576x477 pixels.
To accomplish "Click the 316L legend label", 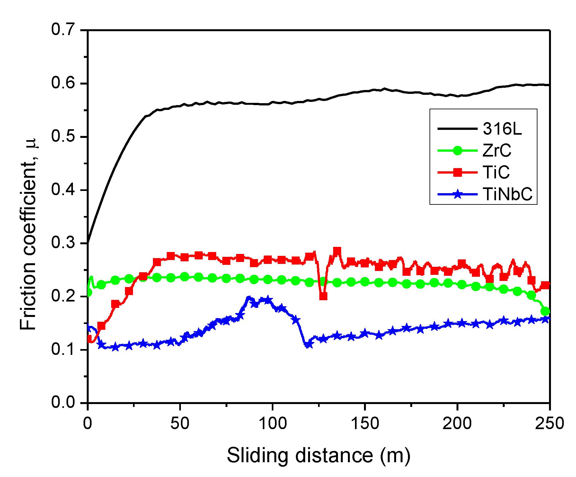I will [x=502, y=129].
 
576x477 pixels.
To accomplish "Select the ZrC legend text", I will [x=497, y=150].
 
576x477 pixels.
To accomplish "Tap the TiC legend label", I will [x=496, y=172].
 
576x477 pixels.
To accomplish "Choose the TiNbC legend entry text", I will [x=508, y=194].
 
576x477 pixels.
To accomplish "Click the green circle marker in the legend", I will [x=457, y=150].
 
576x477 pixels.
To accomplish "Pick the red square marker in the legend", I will [x=457, y=172].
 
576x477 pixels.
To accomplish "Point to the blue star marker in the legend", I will [x=457, y=194].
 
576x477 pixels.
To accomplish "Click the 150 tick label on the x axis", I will [x=365, y=424].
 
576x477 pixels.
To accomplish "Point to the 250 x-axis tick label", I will [x=549, y=424].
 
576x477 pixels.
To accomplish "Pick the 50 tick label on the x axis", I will [x=180, y=424].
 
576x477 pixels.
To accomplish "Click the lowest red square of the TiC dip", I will [x=323, y=296].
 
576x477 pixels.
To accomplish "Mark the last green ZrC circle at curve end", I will [x=545, y=311].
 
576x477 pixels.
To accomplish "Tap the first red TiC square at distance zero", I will [x=89, y=339].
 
